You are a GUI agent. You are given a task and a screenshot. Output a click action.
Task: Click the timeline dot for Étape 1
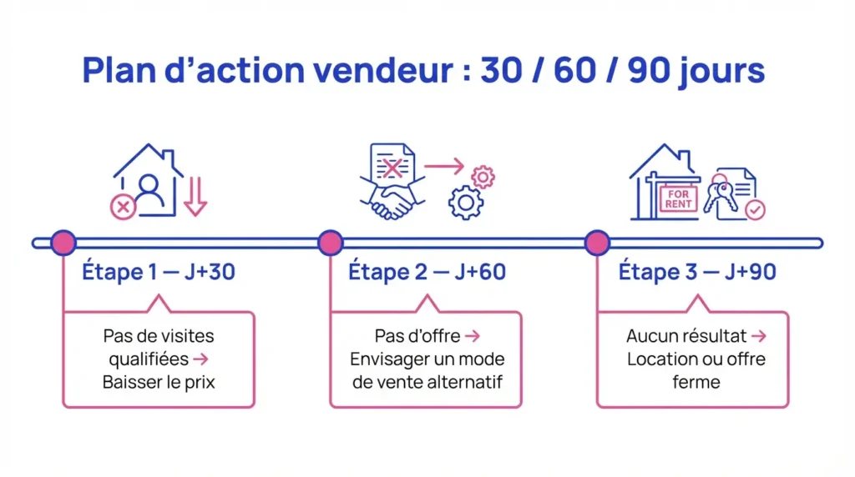[x=63, y=243]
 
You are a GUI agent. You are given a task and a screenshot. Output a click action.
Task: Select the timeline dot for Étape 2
[x=331, y=243]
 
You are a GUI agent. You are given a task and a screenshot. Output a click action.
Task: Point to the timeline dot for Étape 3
[x=597, y=243]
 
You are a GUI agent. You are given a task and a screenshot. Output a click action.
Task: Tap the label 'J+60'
[x=477, y=272]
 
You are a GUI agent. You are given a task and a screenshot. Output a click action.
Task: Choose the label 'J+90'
[x=746, y=272]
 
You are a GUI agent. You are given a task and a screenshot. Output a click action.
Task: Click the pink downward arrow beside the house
[x=195, y=197]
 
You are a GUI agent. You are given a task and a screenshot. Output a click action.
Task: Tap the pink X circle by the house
[x=123, y=207]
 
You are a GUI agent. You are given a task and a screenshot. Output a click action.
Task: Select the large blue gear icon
[x=466, y=203]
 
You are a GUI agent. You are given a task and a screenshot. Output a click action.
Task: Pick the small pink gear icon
[x=483, y=177]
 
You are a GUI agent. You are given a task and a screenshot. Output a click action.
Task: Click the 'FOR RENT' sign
[x=678, y=199]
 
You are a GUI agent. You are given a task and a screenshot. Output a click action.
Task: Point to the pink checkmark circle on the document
[x=755, y=209]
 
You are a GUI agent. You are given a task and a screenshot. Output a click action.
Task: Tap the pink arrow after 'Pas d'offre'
[x=472, y=336]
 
